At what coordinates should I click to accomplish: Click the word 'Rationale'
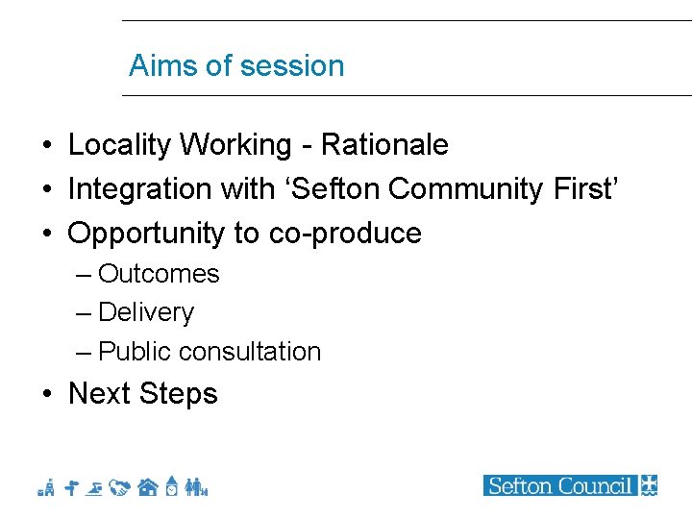pyautogui.click(x=384, y=145)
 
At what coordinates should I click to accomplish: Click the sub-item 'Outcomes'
pyautogui.click(x=159, y=274)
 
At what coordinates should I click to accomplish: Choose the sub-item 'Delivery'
pyautogui.click(x=146, y=312)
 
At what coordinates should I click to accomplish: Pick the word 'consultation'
pyautogui.click(x=258, y=352)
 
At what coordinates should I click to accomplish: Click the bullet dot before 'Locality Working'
pyautogui.click(x=47, y=146)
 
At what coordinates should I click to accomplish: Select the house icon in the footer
pyautogui.click(x=147, y=487)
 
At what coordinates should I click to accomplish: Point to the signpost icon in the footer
pyautogui.click(x=71, y=487)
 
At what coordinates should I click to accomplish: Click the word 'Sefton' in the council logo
pyautogui.click(x=520, y=485)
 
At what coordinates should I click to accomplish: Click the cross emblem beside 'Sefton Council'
pyautogui.click(x=649, y=485)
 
